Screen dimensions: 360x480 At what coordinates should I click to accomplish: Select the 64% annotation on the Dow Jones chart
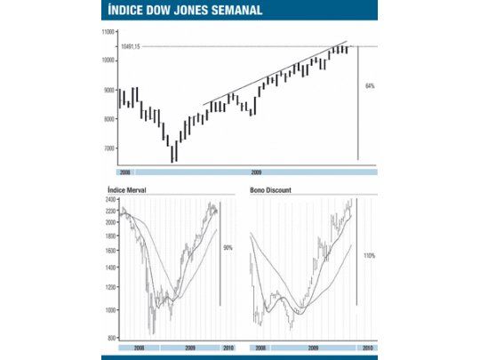pyautogui.click(x=369, y=86)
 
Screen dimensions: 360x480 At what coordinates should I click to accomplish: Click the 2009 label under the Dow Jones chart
pyautogui.click(x=256, y=170)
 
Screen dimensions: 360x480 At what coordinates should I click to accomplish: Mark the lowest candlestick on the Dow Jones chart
pyautogui.click(x=173, y=153)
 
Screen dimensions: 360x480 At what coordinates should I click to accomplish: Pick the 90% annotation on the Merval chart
pyautogui.click(x=228, y=248)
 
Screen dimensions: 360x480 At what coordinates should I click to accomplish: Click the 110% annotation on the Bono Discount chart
pyautogui.click(x=369, y=256)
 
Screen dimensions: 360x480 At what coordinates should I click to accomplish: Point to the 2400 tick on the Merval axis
pyautogui.click(x=110, y=201)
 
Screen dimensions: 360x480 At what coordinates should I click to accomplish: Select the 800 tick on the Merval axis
pyautogui.click(x=111, y=339)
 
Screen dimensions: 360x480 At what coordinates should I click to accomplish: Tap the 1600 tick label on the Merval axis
pyautogui.click(x=110, y=252)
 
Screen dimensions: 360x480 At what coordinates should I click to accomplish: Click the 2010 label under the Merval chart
pyautogui.click(x=228, y=348)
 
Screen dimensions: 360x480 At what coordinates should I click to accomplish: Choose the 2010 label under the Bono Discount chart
pyautogui.click(x=367, y=348)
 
